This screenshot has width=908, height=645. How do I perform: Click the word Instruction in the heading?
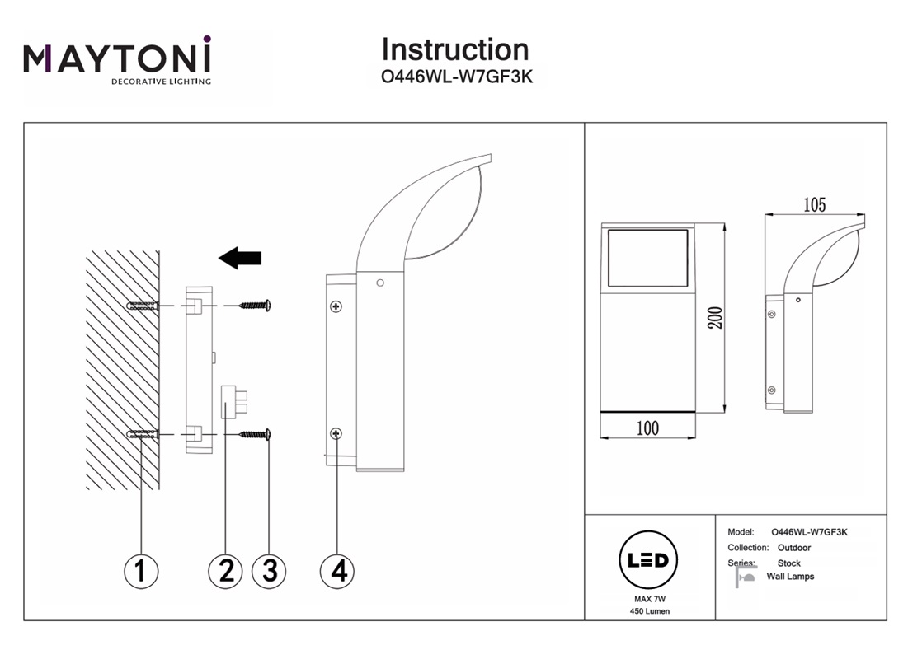click(454, 50)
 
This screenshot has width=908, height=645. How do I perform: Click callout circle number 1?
click(140, 569)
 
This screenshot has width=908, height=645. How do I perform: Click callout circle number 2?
click(225, 569)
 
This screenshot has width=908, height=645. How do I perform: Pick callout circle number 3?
click(269, 569)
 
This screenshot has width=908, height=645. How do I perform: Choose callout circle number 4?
click(337, 569)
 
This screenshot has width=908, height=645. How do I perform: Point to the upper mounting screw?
click(255, 306)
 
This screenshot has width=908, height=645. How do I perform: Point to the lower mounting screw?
click(255, 433)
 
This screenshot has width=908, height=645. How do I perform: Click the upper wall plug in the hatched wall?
click(142, 306)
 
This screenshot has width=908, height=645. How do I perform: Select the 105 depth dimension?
click(813, 205)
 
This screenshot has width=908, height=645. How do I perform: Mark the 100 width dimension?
click(647, 428)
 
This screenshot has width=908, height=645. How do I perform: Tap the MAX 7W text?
click(647, 599)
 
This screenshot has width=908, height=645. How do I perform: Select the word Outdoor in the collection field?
click(793, 548)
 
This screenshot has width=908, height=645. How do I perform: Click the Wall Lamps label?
click(789, 577)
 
